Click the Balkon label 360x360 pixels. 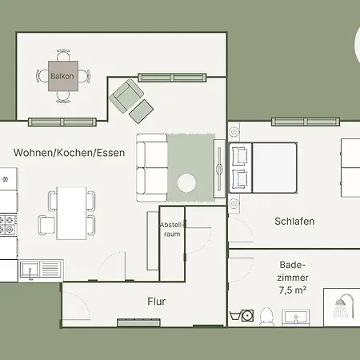pyautogui.click(x=62, y=77)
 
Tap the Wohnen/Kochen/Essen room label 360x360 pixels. pyautogui.click(x=69, y=152)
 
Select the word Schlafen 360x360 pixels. pyautogui.click(x=294, y=222)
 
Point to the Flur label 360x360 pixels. pyautogui.click(x=156, y=302)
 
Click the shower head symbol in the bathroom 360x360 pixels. pyautogui.click(x=344, y=305)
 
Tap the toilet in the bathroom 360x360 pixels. pyautogui.click(x=266, y=317)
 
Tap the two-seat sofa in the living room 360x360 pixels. pyautogui.click(x=151, y=168)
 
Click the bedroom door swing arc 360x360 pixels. pyautogui.click(x=240, y=231)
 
